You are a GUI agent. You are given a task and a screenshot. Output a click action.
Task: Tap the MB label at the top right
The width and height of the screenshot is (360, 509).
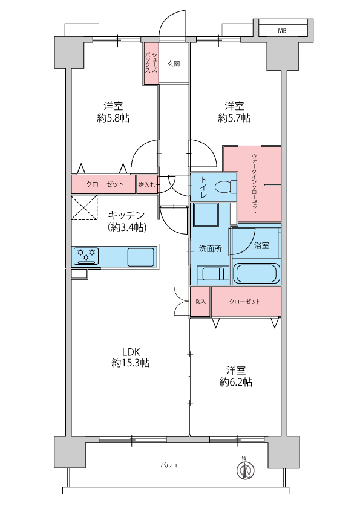click(282, 30)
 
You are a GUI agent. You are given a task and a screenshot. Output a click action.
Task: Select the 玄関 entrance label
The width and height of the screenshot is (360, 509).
click(174, 64)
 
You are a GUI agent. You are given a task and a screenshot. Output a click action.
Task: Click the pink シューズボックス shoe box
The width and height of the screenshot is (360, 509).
click(151, 63)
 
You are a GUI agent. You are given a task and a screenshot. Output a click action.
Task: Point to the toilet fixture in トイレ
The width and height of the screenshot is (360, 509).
click(225, 187)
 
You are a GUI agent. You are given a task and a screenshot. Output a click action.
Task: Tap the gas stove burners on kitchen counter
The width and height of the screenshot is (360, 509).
click(87, 255)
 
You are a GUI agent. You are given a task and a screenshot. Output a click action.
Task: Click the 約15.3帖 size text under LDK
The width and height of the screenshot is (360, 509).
click(131, 363)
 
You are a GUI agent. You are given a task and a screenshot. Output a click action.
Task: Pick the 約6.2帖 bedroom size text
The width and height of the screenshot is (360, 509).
click(236, 382)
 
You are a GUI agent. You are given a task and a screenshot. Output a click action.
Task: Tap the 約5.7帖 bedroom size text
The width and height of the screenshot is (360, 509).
click(235, 118)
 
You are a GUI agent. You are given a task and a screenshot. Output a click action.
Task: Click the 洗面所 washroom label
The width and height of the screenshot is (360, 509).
click(211, 248)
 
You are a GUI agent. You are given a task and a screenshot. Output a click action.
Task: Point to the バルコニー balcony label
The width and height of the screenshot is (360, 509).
click(175, 465)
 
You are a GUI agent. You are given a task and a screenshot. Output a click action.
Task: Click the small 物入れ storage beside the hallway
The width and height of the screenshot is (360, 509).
click(146, 184)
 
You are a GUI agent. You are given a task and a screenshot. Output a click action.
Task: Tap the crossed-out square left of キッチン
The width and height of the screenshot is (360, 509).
click(85, 209)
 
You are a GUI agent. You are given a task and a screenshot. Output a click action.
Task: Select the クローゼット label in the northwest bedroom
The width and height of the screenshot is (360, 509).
click(105, 184)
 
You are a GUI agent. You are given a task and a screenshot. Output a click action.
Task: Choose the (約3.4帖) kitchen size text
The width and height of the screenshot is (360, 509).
click(126, 228)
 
